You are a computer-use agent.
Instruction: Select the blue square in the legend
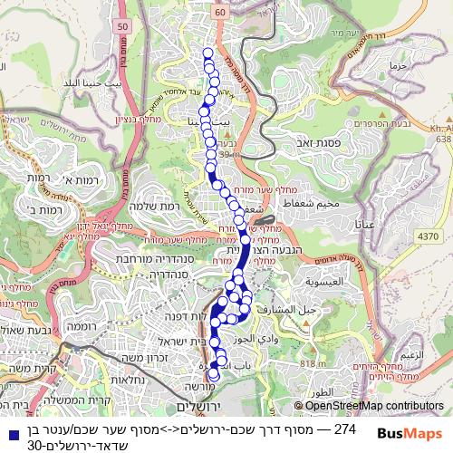pos(10,429)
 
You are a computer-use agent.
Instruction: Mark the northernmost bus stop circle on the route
pos(207,54)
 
